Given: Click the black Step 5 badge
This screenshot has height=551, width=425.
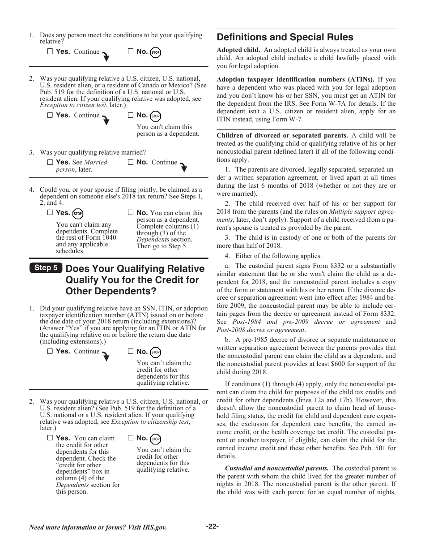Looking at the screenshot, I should (46, 268).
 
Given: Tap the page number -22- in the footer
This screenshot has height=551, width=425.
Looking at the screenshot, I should (212, 526).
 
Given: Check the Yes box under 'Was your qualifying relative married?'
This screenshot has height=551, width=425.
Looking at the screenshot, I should (50, 162).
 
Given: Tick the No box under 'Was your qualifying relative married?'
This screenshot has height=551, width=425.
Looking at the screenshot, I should (131, 162).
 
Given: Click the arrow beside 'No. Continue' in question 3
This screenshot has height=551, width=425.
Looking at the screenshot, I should (183, 167).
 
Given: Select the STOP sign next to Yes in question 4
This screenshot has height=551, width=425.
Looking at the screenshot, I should (78, 214).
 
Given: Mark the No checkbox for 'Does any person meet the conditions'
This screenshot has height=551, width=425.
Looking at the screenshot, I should (131, 52).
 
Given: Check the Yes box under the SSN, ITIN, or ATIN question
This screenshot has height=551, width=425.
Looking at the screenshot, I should (50, 351).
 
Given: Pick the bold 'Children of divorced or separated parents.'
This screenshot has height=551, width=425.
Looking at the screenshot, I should (282, 135).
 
